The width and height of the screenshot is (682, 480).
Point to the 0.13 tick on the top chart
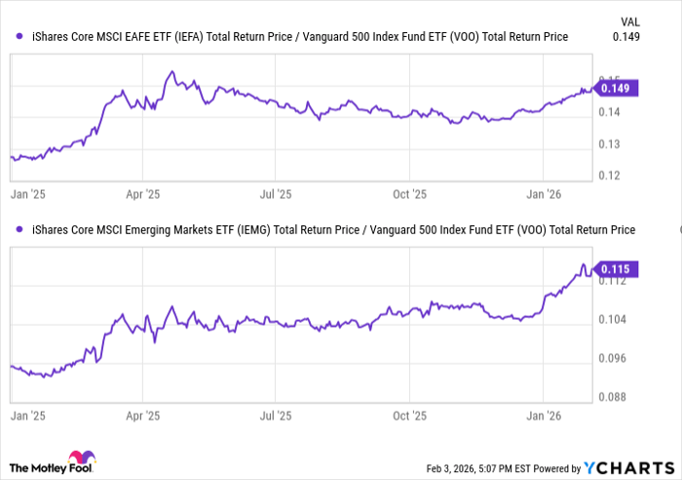609,144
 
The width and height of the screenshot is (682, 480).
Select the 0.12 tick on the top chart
609,176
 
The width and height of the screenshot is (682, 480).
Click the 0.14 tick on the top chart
609,113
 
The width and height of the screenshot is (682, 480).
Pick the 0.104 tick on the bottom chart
613,320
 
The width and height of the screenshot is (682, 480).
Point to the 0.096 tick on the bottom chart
613,358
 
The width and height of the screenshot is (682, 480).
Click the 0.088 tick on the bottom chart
613,396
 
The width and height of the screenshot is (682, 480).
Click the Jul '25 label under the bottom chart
276,415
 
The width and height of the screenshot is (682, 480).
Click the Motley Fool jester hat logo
80,460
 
